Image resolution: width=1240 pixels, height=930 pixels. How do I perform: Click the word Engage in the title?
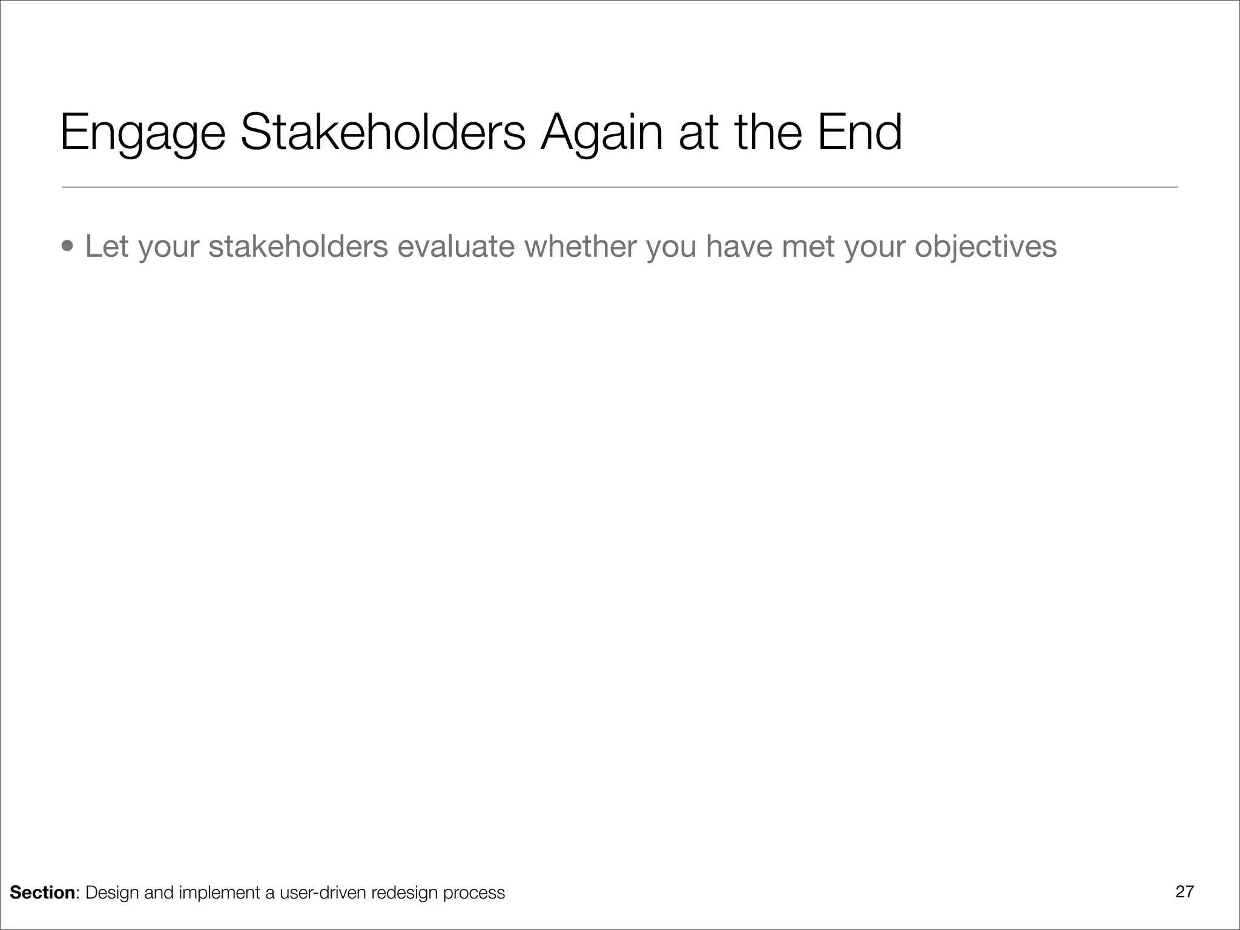143,133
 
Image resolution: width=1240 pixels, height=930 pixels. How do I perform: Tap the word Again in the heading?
602,133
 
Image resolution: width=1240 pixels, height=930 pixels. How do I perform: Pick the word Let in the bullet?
107,246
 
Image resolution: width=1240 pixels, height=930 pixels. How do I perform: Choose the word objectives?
985,246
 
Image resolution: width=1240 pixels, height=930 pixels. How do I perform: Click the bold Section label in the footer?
42,892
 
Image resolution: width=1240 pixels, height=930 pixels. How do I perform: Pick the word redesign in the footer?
404,892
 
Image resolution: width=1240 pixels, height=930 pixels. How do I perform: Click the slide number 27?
1184,891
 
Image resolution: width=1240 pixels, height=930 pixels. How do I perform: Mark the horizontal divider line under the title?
619,187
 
